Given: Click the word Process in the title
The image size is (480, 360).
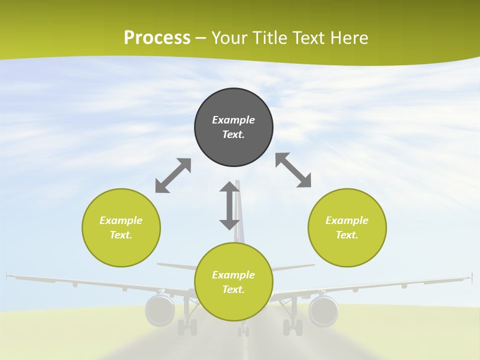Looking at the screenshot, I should tap(157, 38).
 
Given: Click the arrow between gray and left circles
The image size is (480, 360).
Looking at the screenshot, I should tap(173, 175).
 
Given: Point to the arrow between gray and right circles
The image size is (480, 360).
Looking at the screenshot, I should tap(293, 170).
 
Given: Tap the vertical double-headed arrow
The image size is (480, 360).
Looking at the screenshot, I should tap(229, 205).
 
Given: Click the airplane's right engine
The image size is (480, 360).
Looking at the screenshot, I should tap(323, 310).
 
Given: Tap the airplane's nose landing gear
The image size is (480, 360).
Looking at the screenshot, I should tap(243, 330).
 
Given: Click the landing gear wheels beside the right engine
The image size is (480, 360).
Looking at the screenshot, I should tap(292, 327).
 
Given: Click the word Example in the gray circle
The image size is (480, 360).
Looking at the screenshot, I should tap(233, 120).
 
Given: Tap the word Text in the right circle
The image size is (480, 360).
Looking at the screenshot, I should tap(346, 235).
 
